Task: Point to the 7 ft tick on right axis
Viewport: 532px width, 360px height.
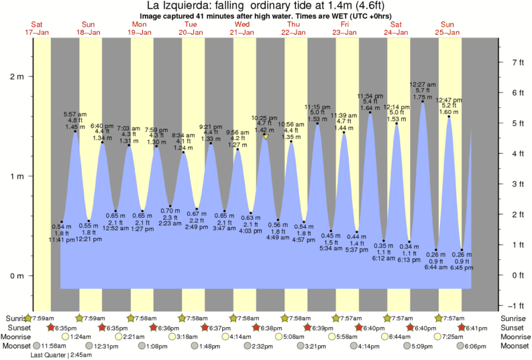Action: pos(517,62)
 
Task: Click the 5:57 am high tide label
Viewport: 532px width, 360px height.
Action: pos(74,114)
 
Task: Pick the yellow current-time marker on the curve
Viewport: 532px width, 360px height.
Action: pos(266,136)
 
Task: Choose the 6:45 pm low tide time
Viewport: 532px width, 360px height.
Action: pos(462,268)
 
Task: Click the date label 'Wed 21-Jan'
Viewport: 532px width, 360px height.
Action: pos(242,28)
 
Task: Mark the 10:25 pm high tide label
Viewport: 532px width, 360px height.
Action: pos(265,118)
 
